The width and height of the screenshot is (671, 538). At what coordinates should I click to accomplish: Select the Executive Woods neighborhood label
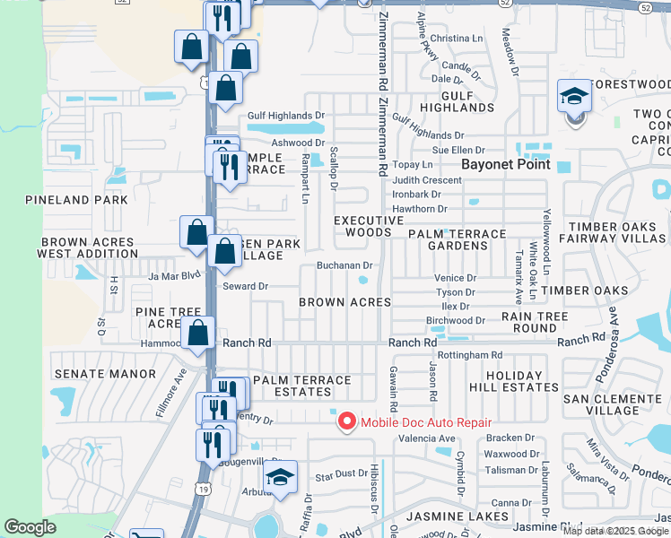369,226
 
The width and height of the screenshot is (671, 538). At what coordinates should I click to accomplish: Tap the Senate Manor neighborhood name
105,373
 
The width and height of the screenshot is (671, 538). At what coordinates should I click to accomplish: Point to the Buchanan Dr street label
344,266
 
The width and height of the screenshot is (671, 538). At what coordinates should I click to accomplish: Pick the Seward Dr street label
246,286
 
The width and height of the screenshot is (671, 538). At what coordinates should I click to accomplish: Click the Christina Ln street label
457,39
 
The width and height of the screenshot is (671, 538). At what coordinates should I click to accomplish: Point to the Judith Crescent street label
427,180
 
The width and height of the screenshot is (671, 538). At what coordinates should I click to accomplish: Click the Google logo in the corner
30,527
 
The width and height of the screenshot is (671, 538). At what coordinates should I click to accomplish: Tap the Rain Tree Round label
535,322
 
